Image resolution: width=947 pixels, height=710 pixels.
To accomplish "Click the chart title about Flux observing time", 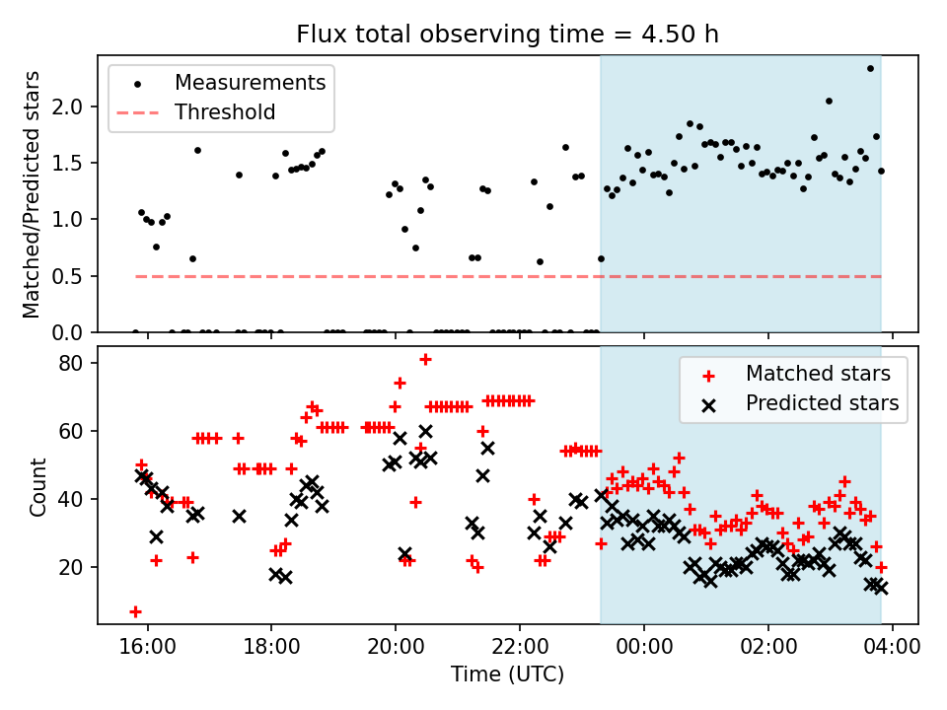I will (x=508, y=35).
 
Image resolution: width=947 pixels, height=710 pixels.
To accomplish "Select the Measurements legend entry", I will (x=250, y=83).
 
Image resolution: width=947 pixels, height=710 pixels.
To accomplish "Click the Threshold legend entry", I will (x=225, y=112).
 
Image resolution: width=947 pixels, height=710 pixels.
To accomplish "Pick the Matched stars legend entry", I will (x=818, y=374).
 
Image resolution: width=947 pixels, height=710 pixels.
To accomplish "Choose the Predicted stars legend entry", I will (x=822, y=403).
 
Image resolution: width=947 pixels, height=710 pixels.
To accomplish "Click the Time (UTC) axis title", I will (x=508, y=674).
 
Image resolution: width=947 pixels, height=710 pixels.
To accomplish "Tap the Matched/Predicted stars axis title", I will (x=33, y=194).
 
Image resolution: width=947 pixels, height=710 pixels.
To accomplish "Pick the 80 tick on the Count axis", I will (x=75, y=363).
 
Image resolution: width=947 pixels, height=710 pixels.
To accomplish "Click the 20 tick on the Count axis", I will (x=75, y=567).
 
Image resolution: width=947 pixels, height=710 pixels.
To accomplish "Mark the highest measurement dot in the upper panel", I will (x=870, y=68).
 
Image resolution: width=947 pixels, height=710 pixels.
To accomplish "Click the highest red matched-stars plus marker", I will (x=425, y=360).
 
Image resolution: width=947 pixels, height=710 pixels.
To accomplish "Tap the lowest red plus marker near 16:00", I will (x=135, y=611).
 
